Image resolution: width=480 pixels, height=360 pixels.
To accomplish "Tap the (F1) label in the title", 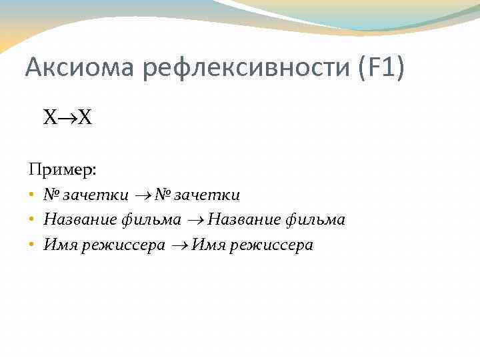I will click(x=382, y=69).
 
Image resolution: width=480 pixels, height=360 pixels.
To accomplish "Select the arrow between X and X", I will click(x=68, y=119).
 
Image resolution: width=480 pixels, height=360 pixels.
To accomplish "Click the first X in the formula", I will click(x=51, y=119).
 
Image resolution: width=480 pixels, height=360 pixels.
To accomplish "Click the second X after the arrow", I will click(x=85, y=119).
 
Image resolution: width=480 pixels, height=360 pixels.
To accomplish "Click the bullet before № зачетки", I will click(x=31, y=195).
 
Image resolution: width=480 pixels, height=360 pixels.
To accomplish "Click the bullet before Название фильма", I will click(x=31, y=220).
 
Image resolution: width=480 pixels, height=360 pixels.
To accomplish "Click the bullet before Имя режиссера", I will click(x=31, y=245).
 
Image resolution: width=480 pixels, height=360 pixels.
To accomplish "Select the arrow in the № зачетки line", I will click(x=143, y=195).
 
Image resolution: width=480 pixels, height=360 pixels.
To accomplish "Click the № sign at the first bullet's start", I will click(x=52, y=195).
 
